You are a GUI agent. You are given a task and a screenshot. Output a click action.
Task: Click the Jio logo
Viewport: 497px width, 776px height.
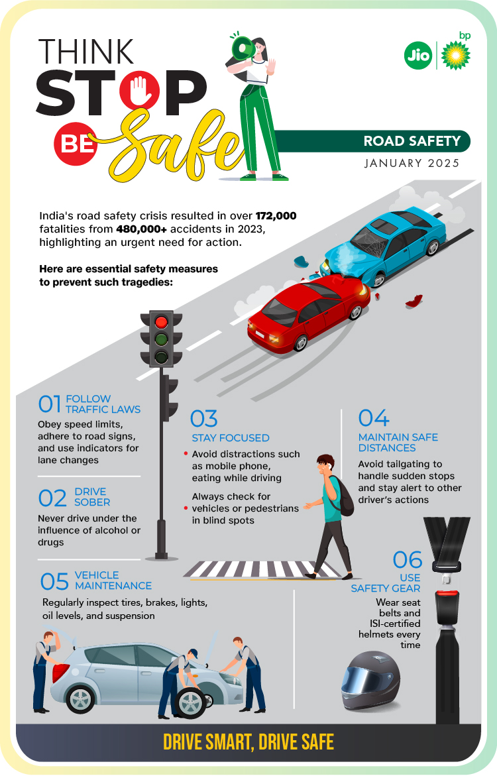pyautogui.click(x=417, y=55)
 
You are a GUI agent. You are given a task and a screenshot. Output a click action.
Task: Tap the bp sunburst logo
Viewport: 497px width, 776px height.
pyautogui.click(x=455, y=55)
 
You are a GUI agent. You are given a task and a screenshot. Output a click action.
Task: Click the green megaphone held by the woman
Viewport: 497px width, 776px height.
pyautogui.click(x=243, y=48)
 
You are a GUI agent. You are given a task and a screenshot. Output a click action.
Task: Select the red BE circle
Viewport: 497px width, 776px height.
pyautogui.click(x=76, y=144)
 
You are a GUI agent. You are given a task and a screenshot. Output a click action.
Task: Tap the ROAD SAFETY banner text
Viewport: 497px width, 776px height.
pyautogui.click(x=412, y=141)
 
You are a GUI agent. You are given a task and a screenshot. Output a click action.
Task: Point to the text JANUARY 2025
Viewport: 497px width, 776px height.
pyautogui.click(x=412, y=163)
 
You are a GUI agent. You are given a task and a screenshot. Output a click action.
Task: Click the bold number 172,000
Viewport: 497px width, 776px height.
pyautogui.click(x=276, y=216)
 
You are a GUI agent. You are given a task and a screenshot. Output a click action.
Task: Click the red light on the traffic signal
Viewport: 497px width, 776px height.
pyautogui.click(x=162, y=322)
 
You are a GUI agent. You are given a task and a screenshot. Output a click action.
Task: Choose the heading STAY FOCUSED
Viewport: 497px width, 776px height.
pyautogui.click(x=231, y=438)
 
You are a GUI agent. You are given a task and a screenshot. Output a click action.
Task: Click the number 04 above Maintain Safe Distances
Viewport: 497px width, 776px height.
pyautogui.click(x=374, y=418)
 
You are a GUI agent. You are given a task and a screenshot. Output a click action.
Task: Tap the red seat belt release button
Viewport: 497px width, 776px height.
pyautogui.click(x=447, y=593)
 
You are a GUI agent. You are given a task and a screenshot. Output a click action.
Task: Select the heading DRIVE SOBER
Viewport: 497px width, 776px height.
pyautogui.click(x=92, y=497)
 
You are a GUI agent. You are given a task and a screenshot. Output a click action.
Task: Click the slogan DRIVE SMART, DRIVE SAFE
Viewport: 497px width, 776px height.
pyautogui.click(x=248, y=742)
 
